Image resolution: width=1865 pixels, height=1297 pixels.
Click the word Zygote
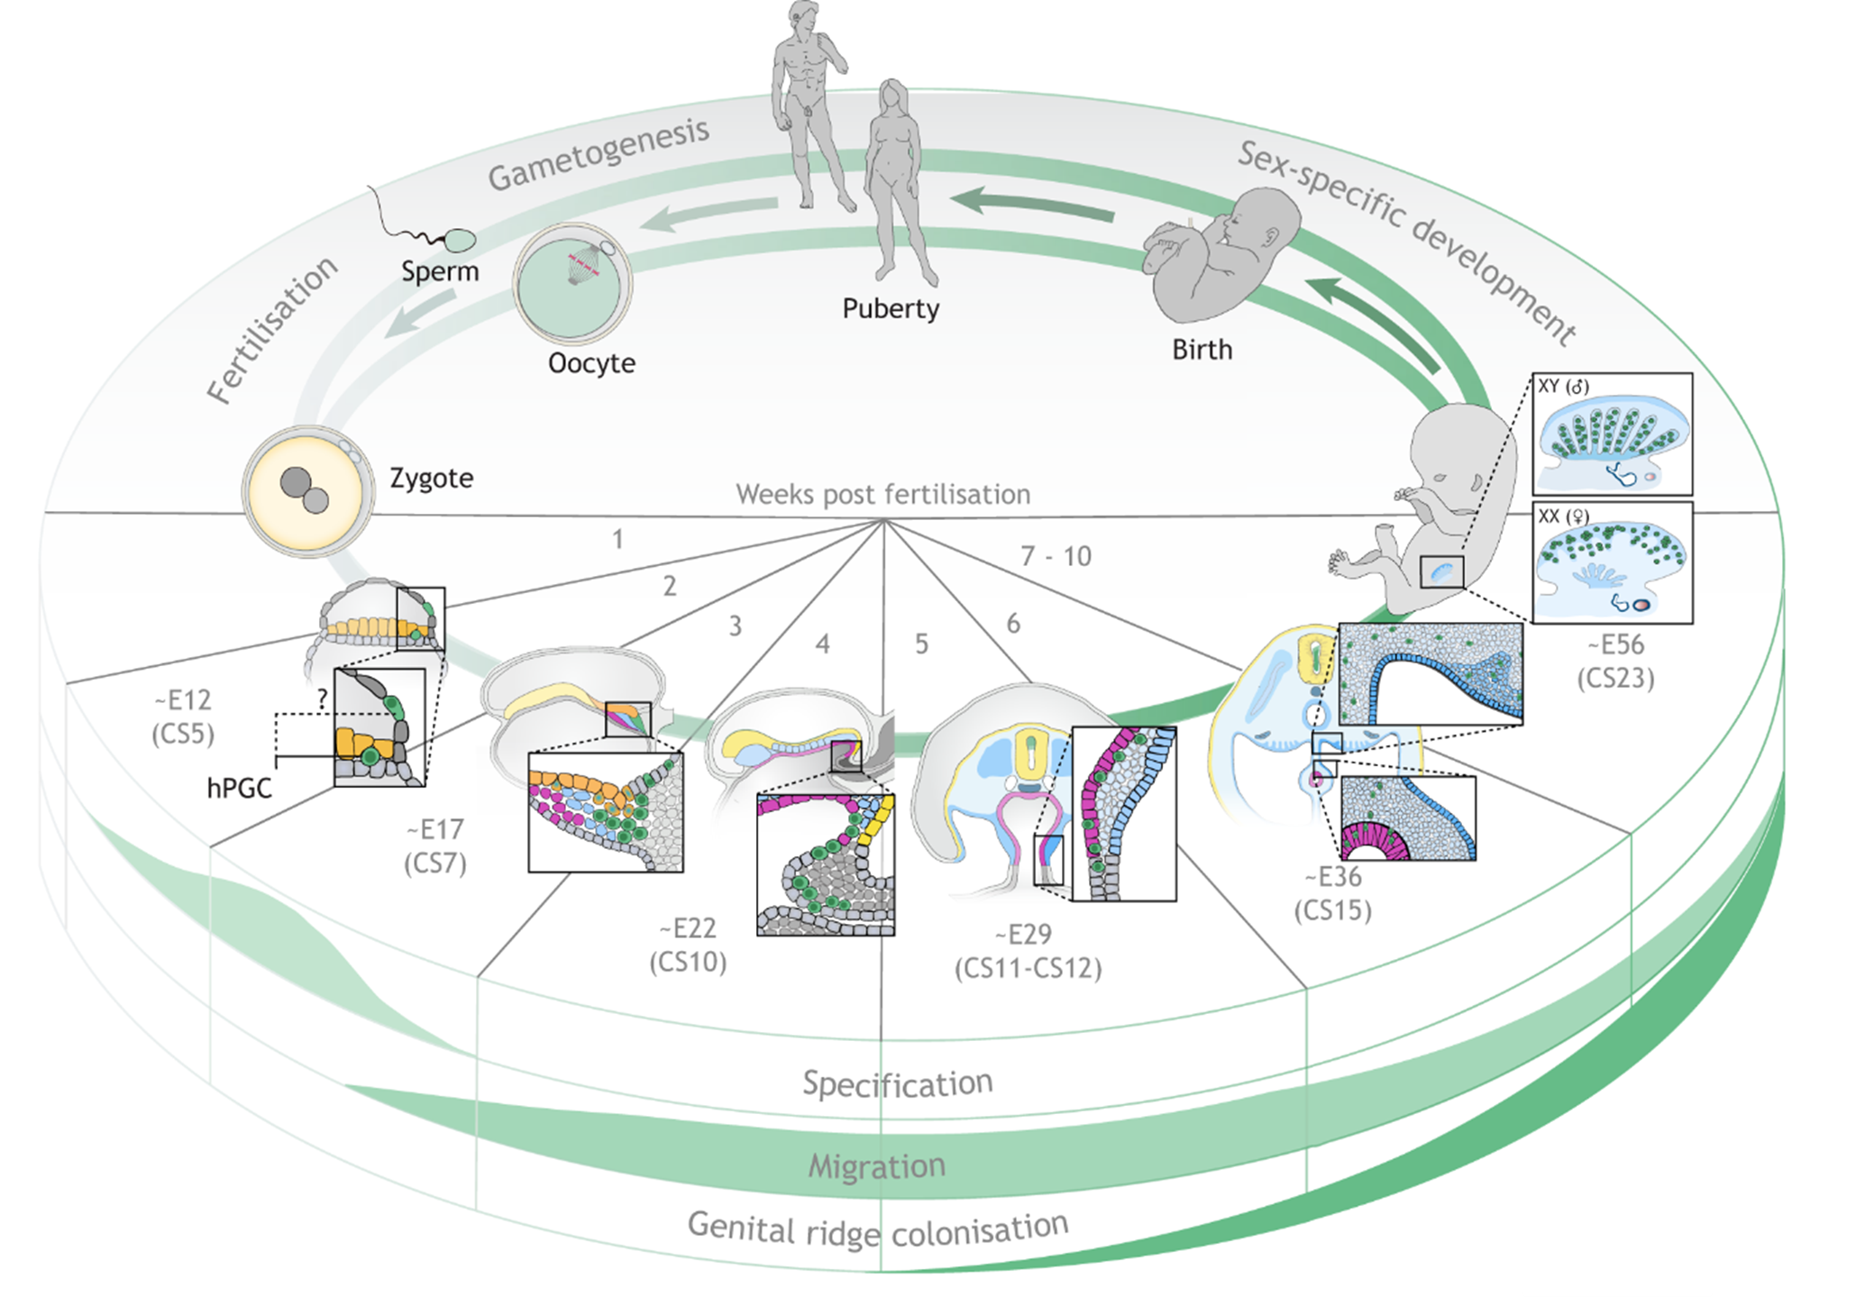coord(431,478)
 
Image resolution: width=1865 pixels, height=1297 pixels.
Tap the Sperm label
coord(440,271)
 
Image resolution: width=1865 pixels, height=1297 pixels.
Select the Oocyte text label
coord(591,363)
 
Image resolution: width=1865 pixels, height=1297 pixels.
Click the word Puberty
coord(891,308)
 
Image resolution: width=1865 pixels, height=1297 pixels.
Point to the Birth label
coord(1202,350)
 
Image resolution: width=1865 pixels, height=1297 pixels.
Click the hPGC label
coord(239,789)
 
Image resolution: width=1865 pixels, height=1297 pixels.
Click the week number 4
coord(822,644)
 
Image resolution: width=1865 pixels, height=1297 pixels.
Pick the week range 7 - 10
coord(1055,556)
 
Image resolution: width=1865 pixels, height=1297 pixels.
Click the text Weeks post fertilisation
coord(882,494)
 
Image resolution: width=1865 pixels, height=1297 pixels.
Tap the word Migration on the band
coord(876,1166)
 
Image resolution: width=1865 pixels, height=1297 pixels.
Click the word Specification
coord(897,1082)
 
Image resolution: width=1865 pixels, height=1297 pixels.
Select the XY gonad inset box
coord(1612,434)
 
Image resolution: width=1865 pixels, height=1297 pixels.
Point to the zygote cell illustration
coord(308,491)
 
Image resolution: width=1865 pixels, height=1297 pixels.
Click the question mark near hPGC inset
coord(321,699)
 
